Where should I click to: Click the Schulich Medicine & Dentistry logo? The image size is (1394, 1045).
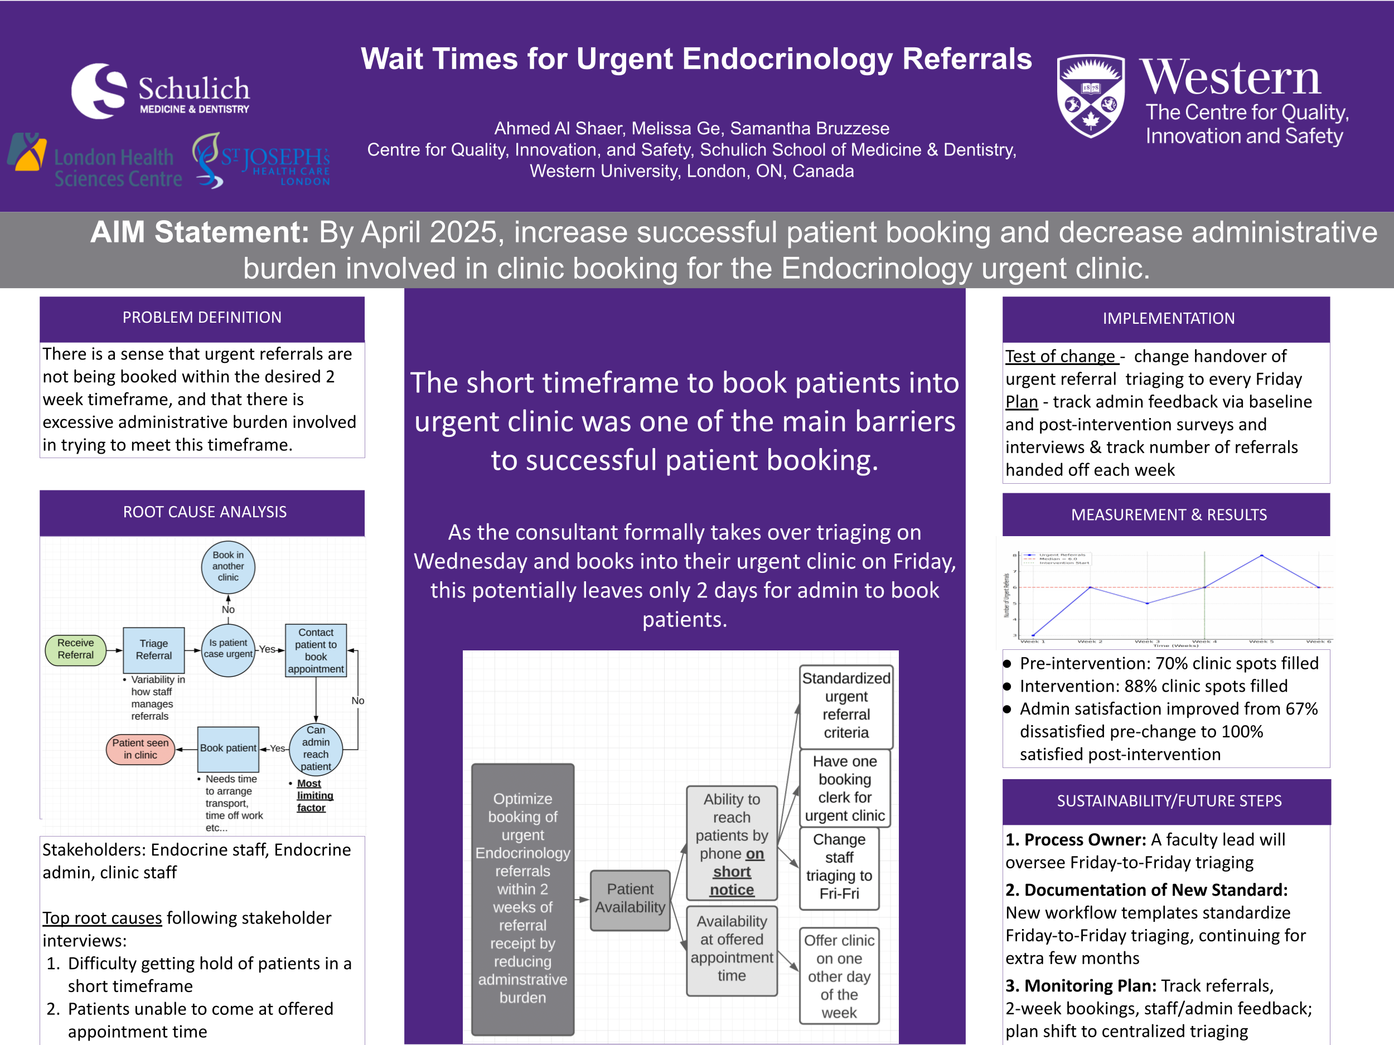(x=161, y=91)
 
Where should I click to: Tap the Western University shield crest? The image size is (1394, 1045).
(x=1090, y=96)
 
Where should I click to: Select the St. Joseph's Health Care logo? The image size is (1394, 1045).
(x=262, y=161)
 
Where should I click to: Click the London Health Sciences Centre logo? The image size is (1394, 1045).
(x=95, y=161)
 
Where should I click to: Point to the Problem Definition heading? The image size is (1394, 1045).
(x=202, y=318)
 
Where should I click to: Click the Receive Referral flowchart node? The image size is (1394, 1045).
(x=76, y=649)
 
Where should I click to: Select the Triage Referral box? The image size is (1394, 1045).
(x=154, y=649)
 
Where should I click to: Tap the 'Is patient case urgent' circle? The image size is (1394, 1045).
(x=228, y=649)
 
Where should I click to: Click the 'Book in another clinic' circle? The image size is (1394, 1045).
(x=228, y=566)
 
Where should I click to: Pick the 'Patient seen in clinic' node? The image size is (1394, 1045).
(x=141, y=749)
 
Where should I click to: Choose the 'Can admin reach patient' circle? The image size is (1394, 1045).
(x=316, y=748)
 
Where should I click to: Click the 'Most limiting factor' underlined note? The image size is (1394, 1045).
(x=312, y=795)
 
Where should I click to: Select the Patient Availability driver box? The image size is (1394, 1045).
(x=630, y=898)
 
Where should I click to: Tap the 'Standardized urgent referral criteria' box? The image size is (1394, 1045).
(x=846, y=706)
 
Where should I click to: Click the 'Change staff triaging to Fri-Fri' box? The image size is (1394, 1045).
(x=839, y=867)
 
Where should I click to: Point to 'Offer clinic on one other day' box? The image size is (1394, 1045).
(x=839, y=976)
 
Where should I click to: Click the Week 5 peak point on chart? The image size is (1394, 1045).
(x=1262, y=556)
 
